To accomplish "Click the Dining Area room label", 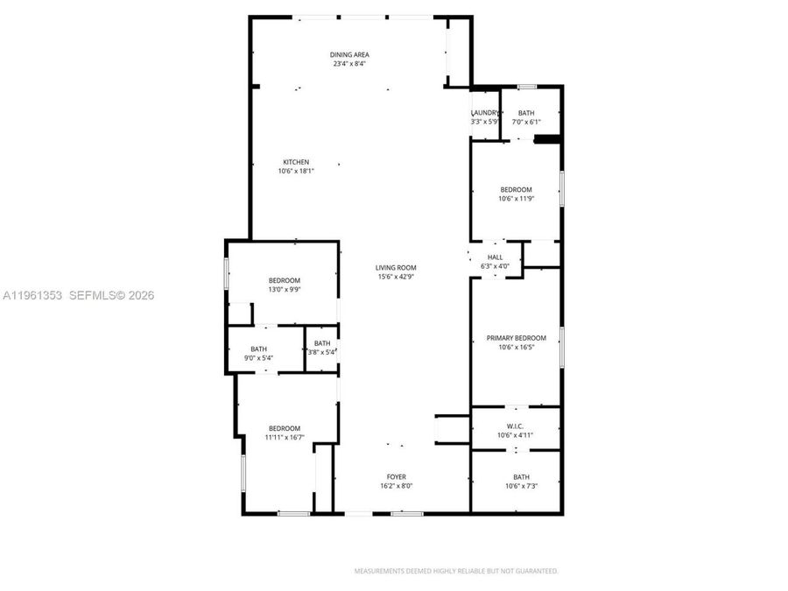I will [x=348, y=54].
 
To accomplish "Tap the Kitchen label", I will [x=295, y=162].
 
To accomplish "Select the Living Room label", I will [x=396, y=268].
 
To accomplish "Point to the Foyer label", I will [x=396, y=477].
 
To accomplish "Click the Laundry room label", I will [x=485, y=113].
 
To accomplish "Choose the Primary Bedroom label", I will [x=516, y=338].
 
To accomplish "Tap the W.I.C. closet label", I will [x=515, y=426].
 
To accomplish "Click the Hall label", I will [x=495, y=257].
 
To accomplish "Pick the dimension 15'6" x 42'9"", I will [x=395, y=277].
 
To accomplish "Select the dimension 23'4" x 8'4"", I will [x=348, y=63].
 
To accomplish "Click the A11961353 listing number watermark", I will [x=32, y=296].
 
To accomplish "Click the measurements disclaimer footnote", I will [x=455, y=571].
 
